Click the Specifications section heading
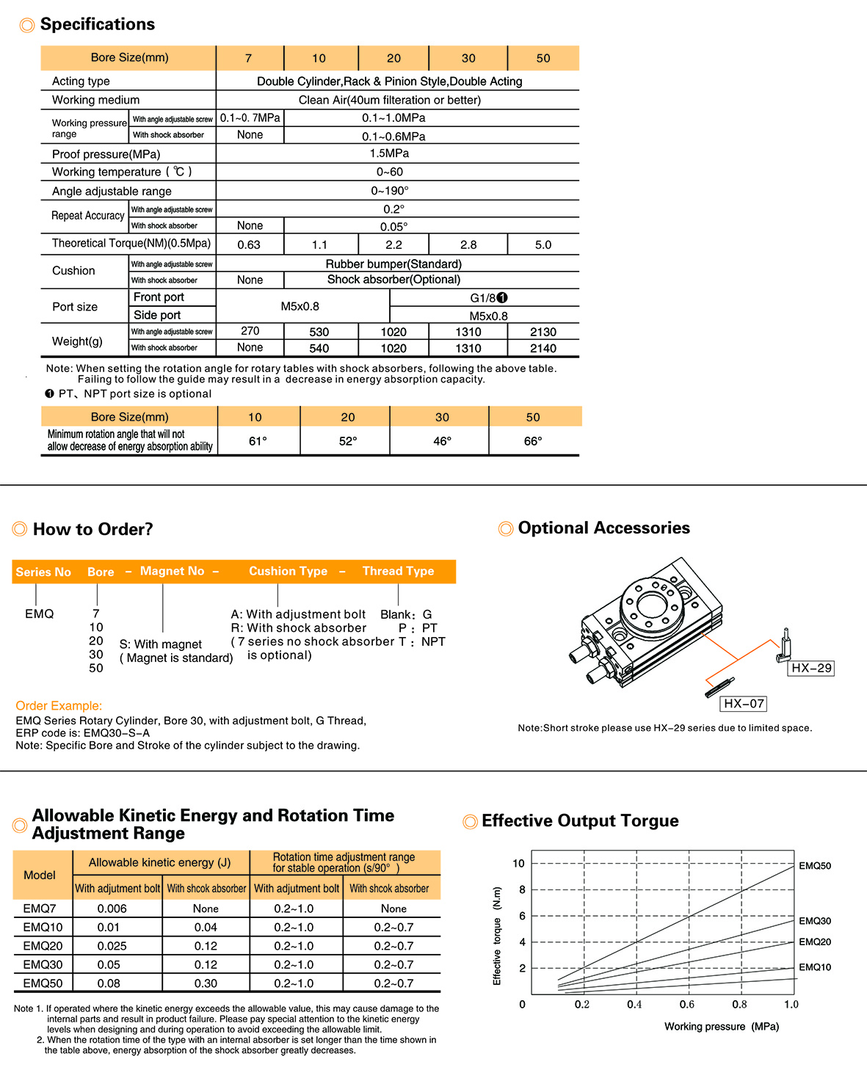point(98,24)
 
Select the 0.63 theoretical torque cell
point(249,244)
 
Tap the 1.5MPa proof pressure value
point(389,153)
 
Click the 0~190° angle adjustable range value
point(390,191)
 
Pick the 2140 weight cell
point(543,348)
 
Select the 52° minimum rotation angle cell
point(347,441)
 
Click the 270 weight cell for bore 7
point(250,331)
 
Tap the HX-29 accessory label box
point(811,668)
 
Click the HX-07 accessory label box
point(744,703)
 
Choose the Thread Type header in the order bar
point(399,571)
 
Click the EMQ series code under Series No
point(39,614)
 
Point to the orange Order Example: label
point(59,706)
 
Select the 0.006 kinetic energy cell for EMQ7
point(112,909)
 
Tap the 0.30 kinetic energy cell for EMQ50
point(206,983)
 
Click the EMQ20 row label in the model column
point(43,946)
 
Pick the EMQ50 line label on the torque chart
point(815,865)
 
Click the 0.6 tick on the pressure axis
point(686,1004)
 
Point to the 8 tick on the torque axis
point(522,889)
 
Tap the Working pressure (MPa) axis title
point(722,1026)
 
